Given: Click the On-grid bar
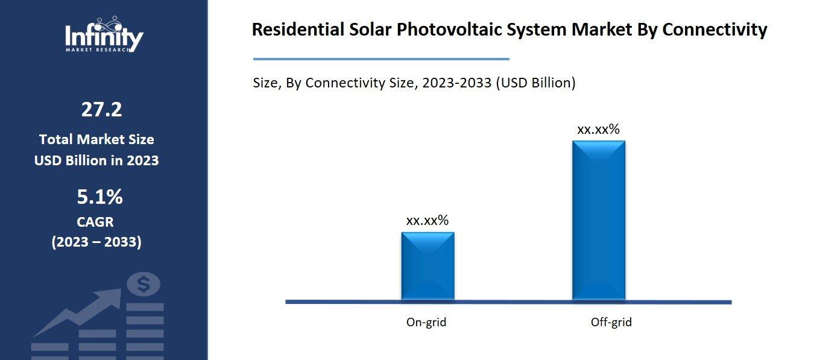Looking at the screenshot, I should [427, 266].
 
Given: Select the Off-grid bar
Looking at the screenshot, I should [598, 220].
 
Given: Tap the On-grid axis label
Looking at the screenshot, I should [426, 323].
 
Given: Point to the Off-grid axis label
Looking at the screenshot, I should [611, 323].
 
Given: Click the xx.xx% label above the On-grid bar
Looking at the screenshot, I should [427, 221].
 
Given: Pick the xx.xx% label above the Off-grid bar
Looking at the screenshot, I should [598, 129].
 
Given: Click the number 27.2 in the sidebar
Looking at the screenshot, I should [101, 110].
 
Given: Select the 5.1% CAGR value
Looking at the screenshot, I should [99, 197].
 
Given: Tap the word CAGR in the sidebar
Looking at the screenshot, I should [95, 222].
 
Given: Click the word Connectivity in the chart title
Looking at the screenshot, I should [714, 30].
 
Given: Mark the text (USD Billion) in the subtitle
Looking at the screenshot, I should [535, 83].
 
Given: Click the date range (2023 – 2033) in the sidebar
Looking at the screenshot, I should [96, 242].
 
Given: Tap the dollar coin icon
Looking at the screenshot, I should [144, 284].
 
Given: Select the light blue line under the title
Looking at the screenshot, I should [381, 59].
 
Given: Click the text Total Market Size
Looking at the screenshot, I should [96, 140].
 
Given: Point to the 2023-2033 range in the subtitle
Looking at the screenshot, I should [457, 83].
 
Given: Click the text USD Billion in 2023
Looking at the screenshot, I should [96, 161].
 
